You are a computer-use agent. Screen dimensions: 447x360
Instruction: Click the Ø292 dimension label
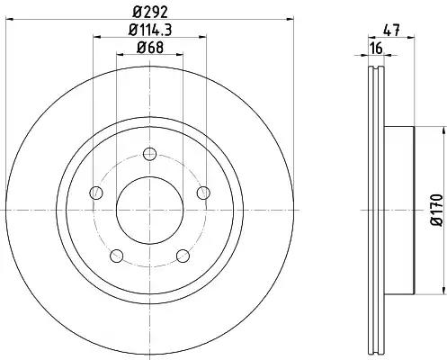pos(150,12)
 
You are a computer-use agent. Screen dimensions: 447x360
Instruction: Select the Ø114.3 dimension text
pos(150,30)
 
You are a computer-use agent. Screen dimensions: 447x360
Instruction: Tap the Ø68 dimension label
pos(150,48)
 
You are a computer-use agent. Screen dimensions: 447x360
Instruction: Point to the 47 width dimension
pos(391,31)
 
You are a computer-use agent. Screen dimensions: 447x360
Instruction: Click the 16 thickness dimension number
pos(376,48)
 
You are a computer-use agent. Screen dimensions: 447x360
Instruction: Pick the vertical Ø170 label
pos(436,210)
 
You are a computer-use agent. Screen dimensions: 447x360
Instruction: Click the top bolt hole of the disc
pos(150,154)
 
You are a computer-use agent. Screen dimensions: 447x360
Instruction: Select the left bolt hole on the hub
pos(96,193)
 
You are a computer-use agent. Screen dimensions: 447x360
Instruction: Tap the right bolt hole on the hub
pos(203,193)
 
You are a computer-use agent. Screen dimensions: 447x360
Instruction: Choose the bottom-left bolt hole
pos(117,256)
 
